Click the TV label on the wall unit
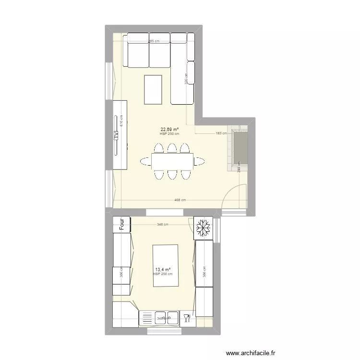(x=116, y=135)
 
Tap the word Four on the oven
(x=122, y=224)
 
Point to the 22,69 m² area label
(x=169, y=129)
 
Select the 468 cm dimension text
(x=180, y=200)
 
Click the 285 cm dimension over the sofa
(x=153, y=41)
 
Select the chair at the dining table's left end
(x=145, y=161)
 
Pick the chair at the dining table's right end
(x=198, y=161)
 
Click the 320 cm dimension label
(x=186, y=78)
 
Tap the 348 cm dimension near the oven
(x=163, y=224)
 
